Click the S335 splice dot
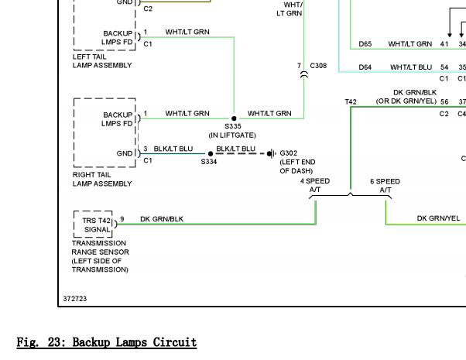pyautogui.click(x=234, y=118)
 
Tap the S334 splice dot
pyautogui.click(x=211, y=154)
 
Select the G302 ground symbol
pyautogui.click(x=272, y=154)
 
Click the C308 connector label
pyautogui.click(x=318, y=65)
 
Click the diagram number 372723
pyautogui.click(x=75, y=299)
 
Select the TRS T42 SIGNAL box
pyautogui.click(x=93, y=225)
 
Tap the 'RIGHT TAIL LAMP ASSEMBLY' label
pyautogui.click(x=102, y=180)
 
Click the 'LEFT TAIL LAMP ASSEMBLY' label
pyautogui.click(x=102, y=61)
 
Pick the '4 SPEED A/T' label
pyautogui.click(x=315, y=185)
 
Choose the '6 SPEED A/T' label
pyautogui.click(x=385, y=186)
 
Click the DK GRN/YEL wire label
pyautogui.click(x=438, y=218)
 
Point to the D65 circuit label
pyautogui.click(x=365, y=43)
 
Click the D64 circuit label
pyautogui.click(x=365, y=67)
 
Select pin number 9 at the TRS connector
pyautogui.click(x=122, y=219)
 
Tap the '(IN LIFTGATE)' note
pyautogui.click(x=232, y=135)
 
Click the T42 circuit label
pyautogui.click(x=351, y=101)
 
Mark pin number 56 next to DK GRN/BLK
pyautogui.click(x=444, y=101)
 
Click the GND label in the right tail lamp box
pyautogui.click(x=125, y=153)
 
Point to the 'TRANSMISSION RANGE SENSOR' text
pyautogui.click(x=100, y=247)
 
